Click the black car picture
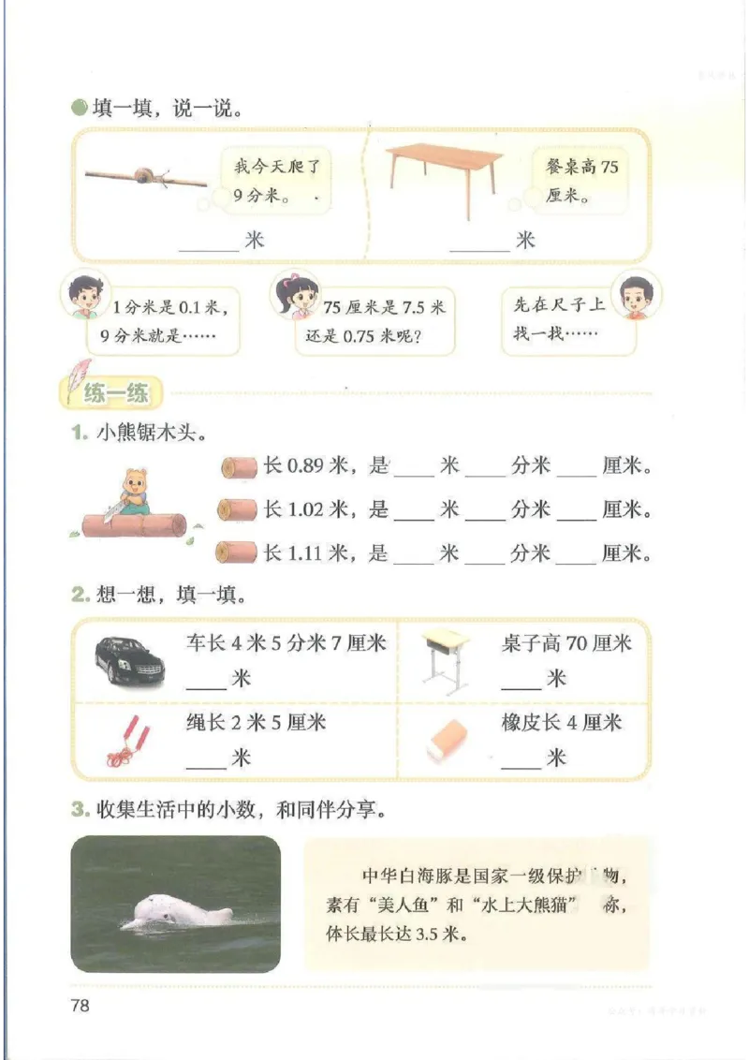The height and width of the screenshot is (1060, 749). click(x=129, y=661)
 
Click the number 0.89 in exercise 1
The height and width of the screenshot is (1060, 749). click(x=306, y=466)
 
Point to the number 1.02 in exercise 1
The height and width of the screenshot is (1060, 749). click(x=306, y=510)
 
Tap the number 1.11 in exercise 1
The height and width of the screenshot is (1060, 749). click(x=306, y=553)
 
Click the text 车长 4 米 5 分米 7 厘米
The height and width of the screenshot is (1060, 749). click(x=286, y=643)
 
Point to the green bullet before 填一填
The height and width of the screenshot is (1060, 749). click(x=80, y=108)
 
